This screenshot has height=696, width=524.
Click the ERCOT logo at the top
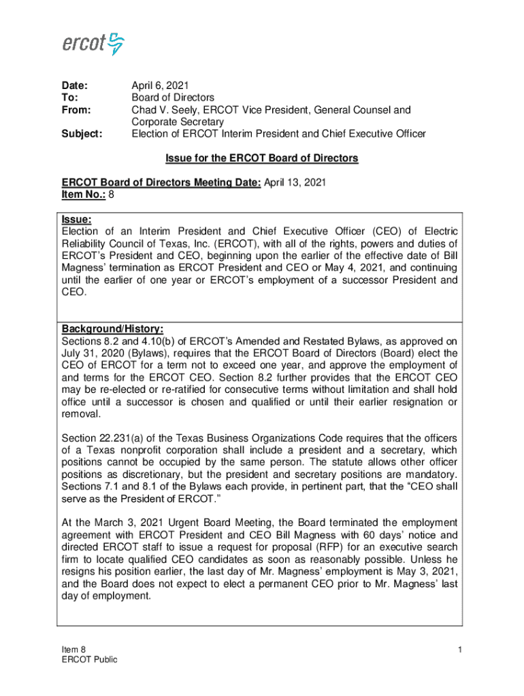point(93,44)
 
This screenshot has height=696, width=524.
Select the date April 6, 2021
point(160,86)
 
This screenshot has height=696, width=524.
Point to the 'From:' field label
point(76,110)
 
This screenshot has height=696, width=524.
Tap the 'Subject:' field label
point(82,134)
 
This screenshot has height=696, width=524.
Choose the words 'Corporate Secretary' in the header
point(173,122)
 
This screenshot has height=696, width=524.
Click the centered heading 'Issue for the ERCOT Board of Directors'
point(261,158)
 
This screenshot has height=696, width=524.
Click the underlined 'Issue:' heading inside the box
point(76,220)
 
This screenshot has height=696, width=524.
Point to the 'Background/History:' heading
point(112,329)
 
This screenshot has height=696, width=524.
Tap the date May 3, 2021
point(423,572)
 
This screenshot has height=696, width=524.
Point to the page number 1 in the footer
point(460,650)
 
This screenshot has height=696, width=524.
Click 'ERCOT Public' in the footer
point(89,659)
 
